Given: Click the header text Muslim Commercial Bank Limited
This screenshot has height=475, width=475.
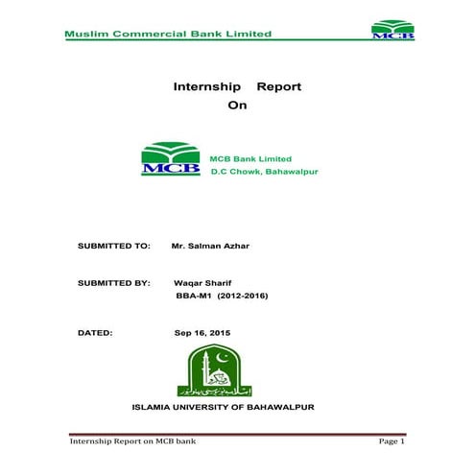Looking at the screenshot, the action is [x=168, y=34].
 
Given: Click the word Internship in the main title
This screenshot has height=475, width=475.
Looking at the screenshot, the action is [x=205, y=86].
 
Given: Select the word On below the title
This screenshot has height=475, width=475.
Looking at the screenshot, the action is [x=237, y=106].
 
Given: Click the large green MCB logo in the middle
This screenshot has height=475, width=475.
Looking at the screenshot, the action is [x=172, y=159].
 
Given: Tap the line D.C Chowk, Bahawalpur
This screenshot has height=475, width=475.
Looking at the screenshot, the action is [x=264, y=172].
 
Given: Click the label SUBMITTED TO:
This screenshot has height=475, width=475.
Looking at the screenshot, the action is [x=113, y=246].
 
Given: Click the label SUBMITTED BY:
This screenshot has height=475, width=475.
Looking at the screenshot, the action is [x=113, y=284].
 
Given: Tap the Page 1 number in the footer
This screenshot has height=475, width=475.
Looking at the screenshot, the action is [x=392, y=442].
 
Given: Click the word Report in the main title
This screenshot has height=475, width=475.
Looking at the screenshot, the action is [x=279, y=86].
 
